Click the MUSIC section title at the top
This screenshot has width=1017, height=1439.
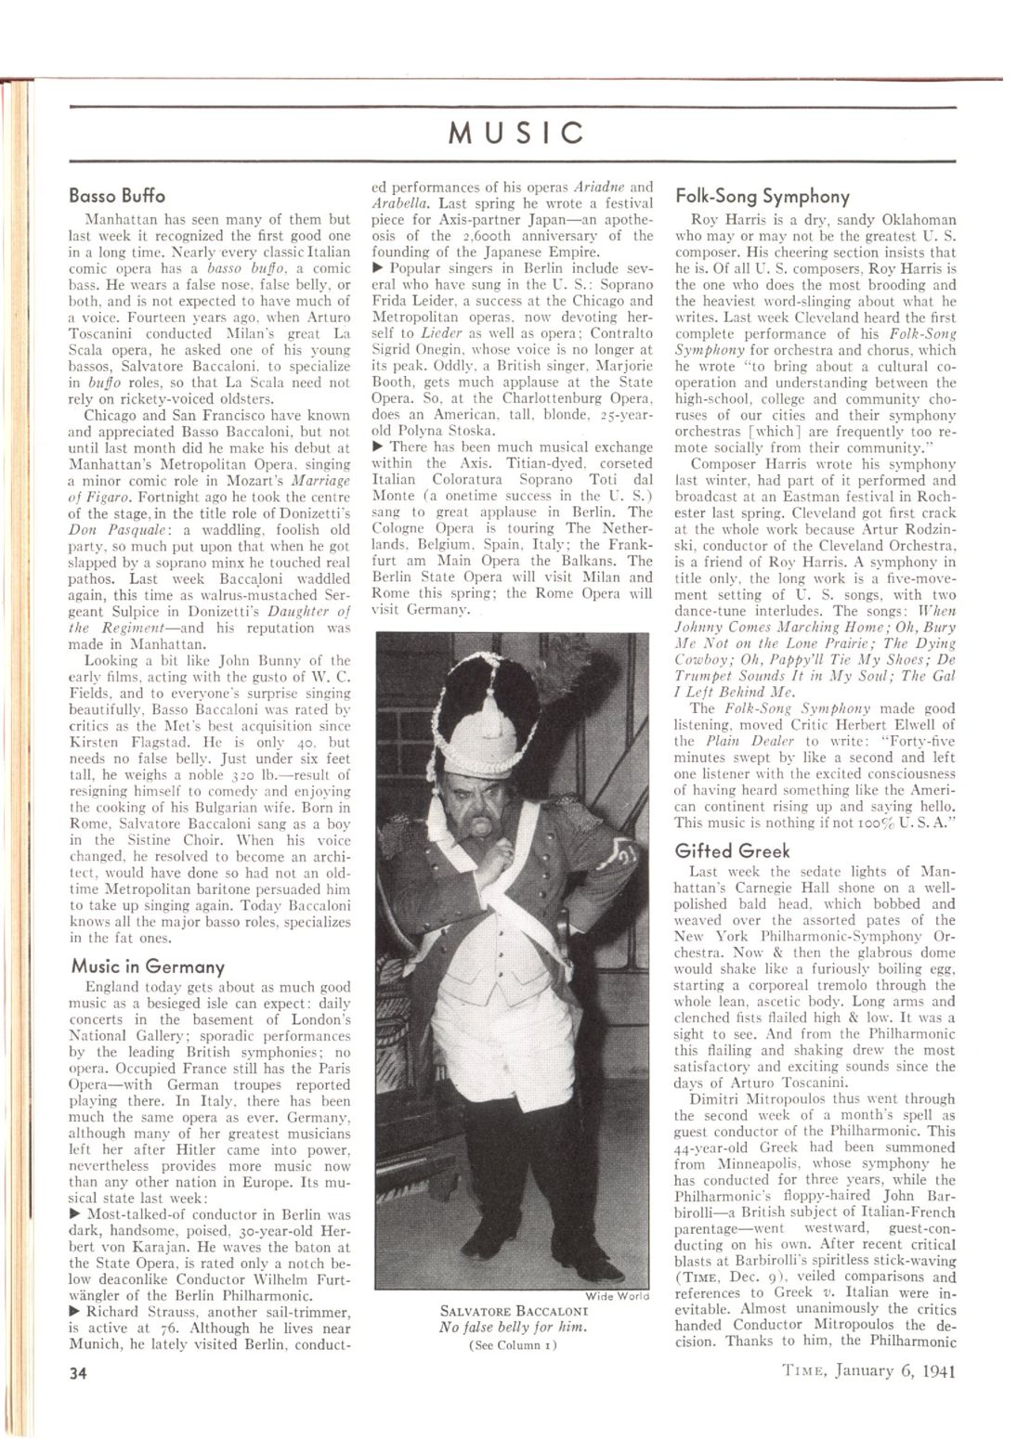coord(516,133)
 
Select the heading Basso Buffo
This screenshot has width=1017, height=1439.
coord(117,196)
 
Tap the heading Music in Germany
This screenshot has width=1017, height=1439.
coord(148,966)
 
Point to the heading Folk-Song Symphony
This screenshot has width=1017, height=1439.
coord(762,196)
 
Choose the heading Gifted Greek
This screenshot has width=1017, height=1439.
coord(733,850)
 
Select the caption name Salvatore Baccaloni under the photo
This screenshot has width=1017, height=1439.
coord(514,1312)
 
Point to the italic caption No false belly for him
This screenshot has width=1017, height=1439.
coord(514,1328)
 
